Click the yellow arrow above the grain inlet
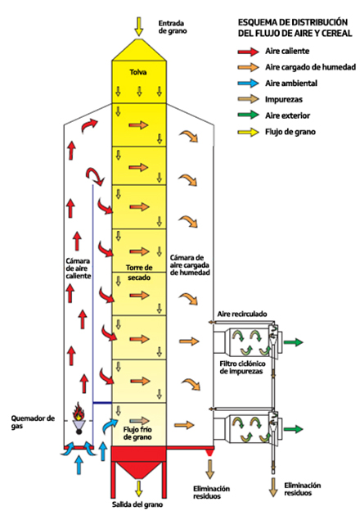tap(139, 26)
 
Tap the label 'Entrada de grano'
tap(173, 27)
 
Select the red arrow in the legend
tap(248, 51)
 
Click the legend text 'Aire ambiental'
tap(291, 84)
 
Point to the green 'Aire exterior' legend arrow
tap(248, 115)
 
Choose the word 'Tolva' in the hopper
tap(138, 72)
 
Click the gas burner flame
tap(79, 411)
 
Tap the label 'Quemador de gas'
tap(33, 422)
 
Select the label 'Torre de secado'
tap(139, 273)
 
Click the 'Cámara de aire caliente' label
tap(78, 269)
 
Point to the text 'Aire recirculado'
tap(242, 314)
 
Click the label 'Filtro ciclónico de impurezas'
tap(242, 367)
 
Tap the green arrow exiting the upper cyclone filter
tap(293, 342)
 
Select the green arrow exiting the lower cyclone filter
tap(293, 429)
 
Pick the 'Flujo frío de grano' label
tap(137, 433)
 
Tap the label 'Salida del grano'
tap(137, 504)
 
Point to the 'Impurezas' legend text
tap(284, 99)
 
